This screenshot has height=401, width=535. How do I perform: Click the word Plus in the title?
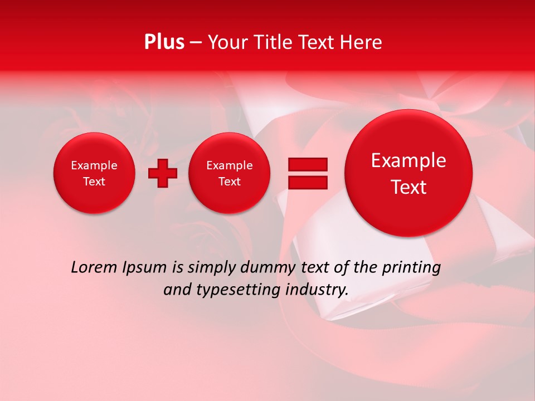164,42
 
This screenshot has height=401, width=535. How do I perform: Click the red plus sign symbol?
162,173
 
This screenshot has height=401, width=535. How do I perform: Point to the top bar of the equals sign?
308,164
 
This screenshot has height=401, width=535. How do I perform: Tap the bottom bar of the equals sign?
308,182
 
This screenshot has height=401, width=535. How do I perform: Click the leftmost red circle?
94,173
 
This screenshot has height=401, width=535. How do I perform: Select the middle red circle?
229,173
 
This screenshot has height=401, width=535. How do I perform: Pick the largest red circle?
408,173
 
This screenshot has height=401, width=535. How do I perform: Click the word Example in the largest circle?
408,160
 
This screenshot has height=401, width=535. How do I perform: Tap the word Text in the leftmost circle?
94,182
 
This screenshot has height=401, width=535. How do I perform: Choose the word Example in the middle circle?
229,165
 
